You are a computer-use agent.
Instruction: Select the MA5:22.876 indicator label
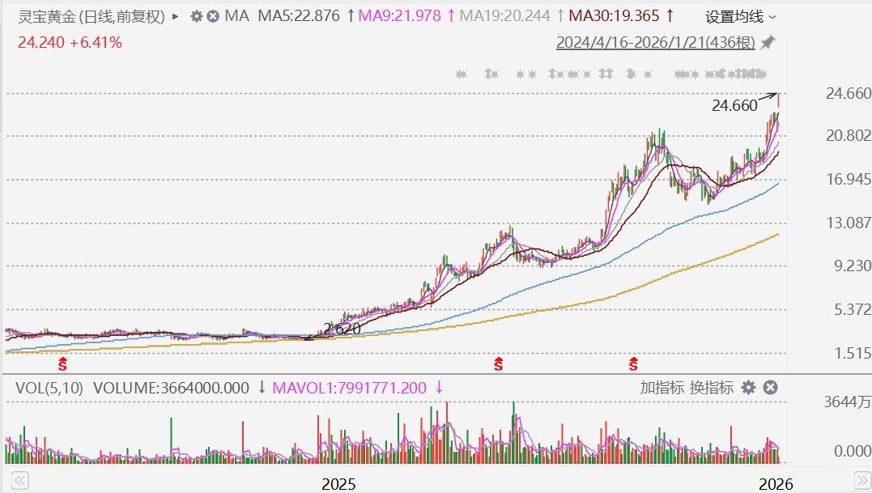pyautogui.click(x=298, y=16)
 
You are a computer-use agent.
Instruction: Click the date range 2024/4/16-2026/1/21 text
pyautogui.click(x=630, y=43)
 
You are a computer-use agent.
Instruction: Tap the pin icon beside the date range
pyautogui.click(x=768, y=42)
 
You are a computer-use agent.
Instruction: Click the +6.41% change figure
pyautogui.click(x=96, y=43)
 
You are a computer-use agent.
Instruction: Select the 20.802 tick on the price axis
pyautogui.click(x=848, y=136)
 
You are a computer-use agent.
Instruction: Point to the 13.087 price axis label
pyautogui.click(x=848, y=223)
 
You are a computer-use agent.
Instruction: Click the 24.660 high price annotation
pyautogui.click(x=734, y=105)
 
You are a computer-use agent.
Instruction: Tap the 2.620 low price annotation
pyautogui.click(x=341, y=329)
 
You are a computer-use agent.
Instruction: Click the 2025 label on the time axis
pyautogui.click(x=338, y=484)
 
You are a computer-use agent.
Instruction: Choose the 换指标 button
pyautogui.click(x=712, y=388)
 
